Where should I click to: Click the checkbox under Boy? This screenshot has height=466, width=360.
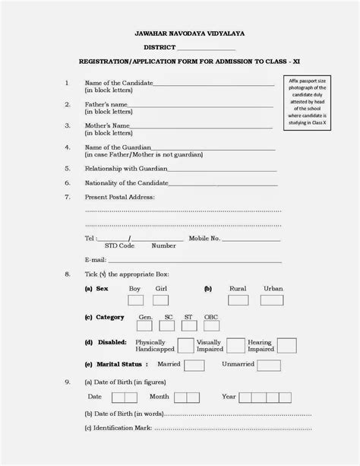(134, 300)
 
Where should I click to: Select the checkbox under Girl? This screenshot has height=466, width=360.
(161, 300)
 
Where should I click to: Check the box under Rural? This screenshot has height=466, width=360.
(238, 300)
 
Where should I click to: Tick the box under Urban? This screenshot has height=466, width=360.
(273, 300)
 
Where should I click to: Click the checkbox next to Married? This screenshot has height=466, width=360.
(194, 365)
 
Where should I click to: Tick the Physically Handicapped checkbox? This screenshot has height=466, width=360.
(186, 346)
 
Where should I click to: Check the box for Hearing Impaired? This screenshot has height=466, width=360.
(286, 346)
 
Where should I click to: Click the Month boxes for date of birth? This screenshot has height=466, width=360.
(186, 397)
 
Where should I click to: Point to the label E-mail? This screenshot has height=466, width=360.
(96, 258)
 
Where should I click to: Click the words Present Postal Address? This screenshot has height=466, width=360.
(119, 197)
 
